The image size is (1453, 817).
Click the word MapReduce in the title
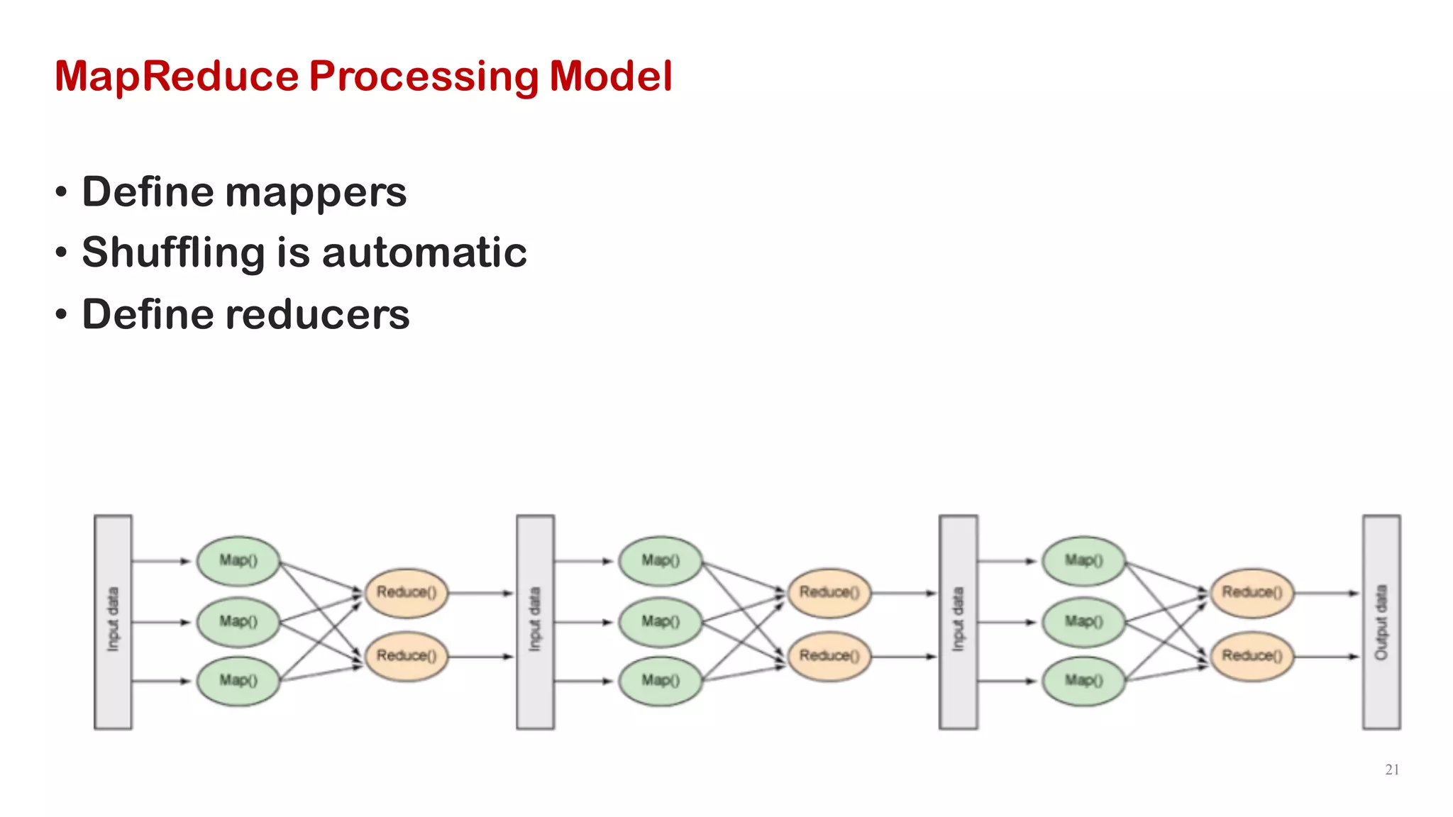pyautogui.click(x=177, y=77)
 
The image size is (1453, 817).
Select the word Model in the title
pyautogui.click(x=610, y=77)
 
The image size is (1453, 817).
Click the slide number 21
pyautogui.click(x=1392, y=769)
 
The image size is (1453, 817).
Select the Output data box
pyautogui.click(x=1381, y=622)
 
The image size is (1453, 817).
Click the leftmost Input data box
pyautogui.click(x=113, y=622)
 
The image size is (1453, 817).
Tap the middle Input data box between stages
pyautogui.click(x=535, y=622)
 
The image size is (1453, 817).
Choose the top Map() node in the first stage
pyautogui.click(x=238, y=561)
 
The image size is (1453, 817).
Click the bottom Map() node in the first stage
pyautogui.click(x=238, y=681)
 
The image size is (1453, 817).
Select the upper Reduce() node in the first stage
pyautogui.click(x=407, y=592)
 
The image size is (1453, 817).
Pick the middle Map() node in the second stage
pyautogui.click(x=661, y=622)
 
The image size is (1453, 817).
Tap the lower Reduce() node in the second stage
pyautogui.click(x=829, y=656)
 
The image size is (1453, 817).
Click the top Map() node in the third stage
pyautogui.click(x=1083, y=561)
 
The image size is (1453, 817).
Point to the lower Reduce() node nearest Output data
pyautogui.click(x=1252, y=656)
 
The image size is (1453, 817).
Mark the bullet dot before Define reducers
pyautogui.click(x=62, y=315)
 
